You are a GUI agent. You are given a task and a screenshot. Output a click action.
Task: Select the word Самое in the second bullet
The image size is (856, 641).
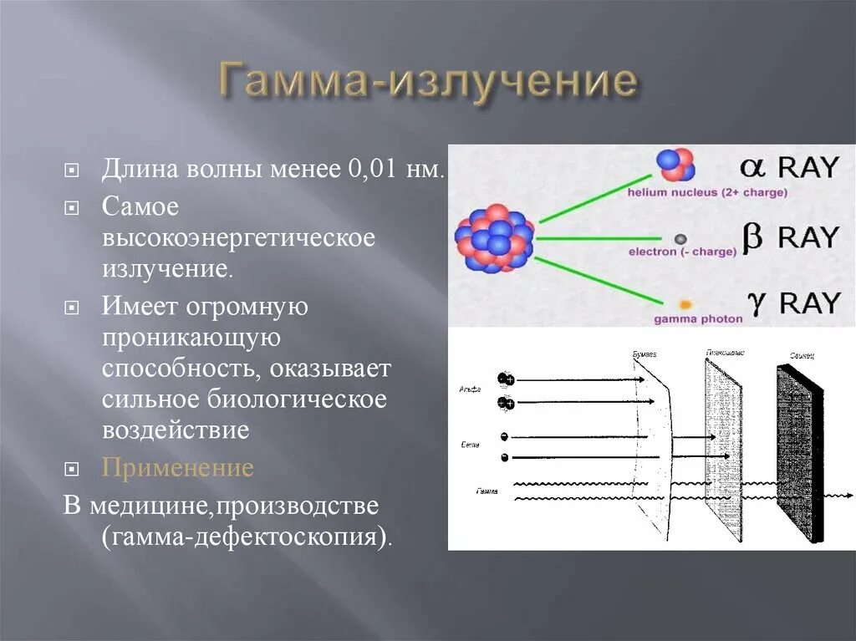(140, 206)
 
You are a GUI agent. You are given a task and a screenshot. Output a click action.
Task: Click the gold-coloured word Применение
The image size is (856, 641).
(177, 467)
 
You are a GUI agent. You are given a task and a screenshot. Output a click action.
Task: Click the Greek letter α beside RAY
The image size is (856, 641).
(752, 167)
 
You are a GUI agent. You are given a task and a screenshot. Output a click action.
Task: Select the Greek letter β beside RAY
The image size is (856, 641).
(752, 237)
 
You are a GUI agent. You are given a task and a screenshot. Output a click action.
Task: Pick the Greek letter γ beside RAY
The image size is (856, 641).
(756, 303)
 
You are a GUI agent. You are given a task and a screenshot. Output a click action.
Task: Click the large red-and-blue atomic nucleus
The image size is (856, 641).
(495, 237)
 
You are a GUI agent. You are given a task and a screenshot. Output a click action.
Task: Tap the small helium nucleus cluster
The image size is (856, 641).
(675, 165)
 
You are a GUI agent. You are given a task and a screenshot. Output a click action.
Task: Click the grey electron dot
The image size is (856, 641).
(680, 239)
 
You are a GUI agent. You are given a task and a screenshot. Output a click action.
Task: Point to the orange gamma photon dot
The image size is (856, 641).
(685, 305)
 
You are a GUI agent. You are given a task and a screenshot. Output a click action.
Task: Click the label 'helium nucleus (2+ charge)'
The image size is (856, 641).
(707, 193)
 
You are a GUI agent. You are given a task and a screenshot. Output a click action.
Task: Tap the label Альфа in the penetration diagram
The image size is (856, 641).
(470, 389)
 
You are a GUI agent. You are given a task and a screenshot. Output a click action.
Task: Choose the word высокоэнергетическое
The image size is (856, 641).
(238, 238)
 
